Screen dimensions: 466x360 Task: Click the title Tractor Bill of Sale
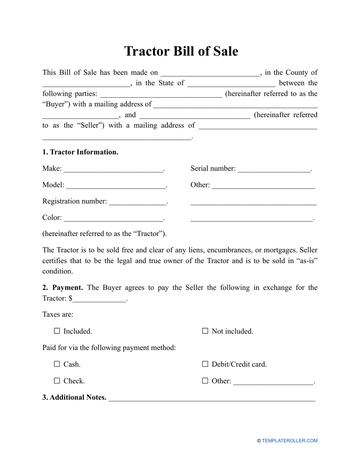[x=181, y=51]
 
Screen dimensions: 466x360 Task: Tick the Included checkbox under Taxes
[x=57, y=331]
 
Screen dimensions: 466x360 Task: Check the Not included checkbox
[x=205, y=331]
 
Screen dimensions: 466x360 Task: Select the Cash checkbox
[x=57, y=364]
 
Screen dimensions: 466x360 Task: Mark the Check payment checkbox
[x=57, y=381]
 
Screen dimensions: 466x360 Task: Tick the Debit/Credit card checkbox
[x=205, y=364]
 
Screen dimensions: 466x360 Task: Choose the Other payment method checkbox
[x=205, y=381]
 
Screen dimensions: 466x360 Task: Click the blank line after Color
[x=113, y=219]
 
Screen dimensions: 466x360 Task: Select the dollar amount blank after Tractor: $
[x=99, y=300]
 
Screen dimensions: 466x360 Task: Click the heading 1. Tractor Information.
[x=80, y=152]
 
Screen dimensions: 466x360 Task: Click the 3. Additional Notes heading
[x=74, y=397]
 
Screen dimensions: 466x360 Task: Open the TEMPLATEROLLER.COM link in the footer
[x=290, y=441]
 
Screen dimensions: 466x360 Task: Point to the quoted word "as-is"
[x=307, y=261]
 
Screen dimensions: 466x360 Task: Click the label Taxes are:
[x=58, y=314]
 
